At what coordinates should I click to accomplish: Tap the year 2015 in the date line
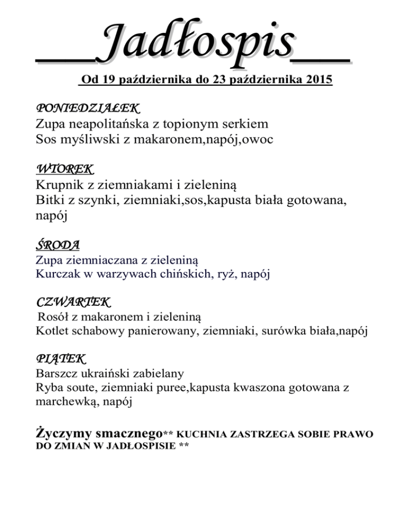(319, 81)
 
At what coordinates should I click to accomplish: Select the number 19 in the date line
(109, 81)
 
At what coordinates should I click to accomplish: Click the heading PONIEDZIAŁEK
(88, 109)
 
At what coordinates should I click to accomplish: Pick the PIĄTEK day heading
(61, 357)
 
